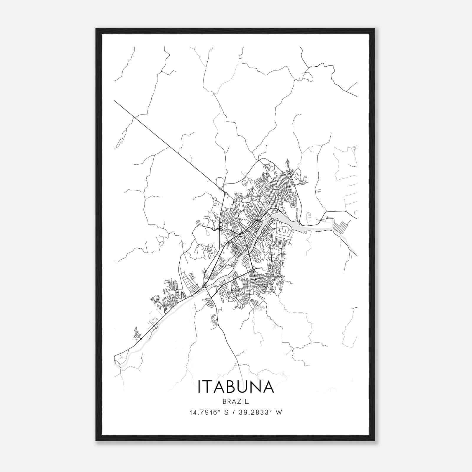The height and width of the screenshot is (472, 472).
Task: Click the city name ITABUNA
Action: pos(236,386)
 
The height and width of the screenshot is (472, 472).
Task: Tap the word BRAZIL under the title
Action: pos(236,401)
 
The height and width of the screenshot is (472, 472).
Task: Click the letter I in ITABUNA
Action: pos(200,386)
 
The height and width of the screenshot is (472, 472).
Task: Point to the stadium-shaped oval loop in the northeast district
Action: pos(293,203)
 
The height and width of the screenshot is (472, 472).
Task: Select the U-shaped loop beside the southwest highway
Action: pos(154,321)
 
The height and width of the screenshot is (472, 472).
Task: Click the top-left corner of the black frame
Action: pos(96,29)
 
